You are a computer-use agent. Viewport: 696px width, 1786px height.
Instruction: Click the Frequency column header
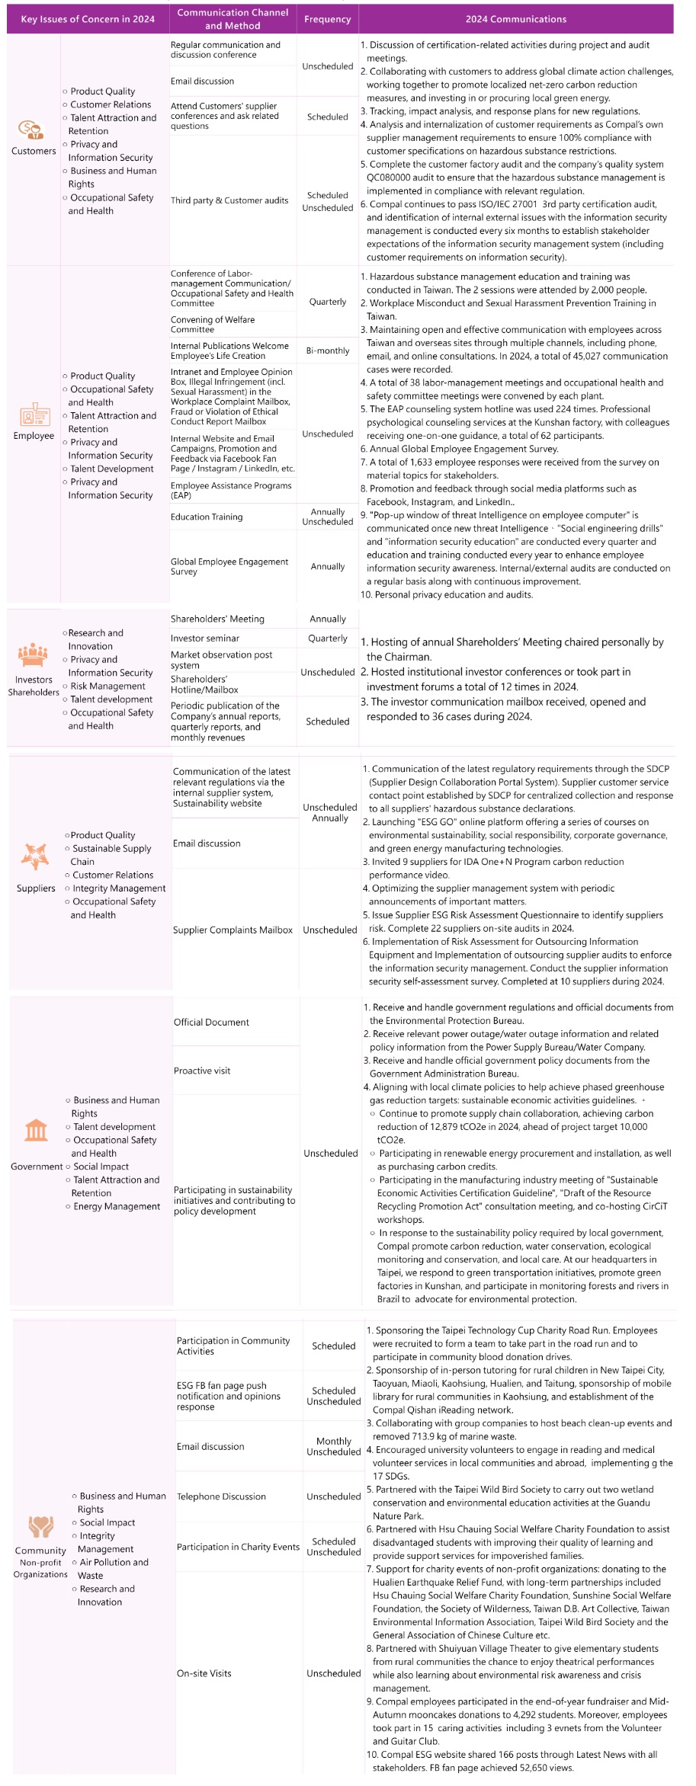tap(327, 19)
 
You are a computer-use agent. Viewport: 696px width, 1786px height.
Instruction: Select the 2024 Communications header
tap(515, 19)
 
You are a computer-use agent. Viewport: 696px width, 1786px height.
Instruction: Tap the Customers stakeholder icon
tap(31, 130)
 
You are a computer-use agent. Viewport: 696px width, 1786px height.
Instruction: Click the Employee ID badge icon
tap(34, 415)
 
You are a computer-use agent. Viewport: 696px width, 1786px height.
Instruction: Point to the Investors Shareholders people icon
tap(33, 655)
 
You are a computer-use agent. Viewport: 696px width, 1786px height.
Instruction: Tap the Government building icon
tap(36, 1130)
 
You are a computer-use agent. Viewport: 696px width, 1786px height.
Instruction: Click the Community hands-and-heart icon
tap(40, 1527)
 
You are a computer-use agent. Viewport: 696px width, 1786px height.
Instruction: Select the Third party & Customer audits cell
tap(229, 200)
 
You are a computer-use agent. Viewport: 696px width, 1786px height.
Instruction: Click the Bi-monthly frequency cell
tap(328, 350)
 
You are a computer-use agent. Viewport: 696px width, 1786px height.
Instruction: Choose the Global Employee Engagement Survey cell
tap(229, 566)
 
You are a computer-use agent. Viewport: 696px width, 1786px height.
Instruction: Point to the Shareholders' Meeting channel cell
tap(217, 619)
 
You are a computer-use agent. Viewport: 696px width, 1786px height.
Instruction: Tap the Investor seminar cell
tap(205, 639)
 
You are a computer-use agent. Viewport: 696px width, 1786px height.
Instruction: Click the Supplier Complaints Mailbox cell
tap(233, 930)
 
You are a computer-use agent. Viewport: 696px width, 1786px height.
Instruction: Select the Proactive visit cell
tap(202, 1071)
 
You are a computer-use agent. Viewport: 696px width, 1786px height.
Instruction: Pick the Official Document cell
tap(211, 1022)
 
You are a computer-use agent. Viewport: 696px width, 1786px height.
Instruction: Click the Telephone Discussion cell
tap(221, 1496)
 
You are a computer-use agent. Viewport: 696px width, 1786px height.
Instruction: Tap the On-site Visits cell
tap(204, 1672)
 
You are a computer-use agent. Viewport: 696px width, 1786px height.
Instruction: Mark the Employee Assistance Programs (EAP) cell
tap(231, 490)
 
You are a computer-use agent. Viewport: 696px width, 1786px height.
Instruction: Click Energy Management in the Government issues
tap(117, 1206)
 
